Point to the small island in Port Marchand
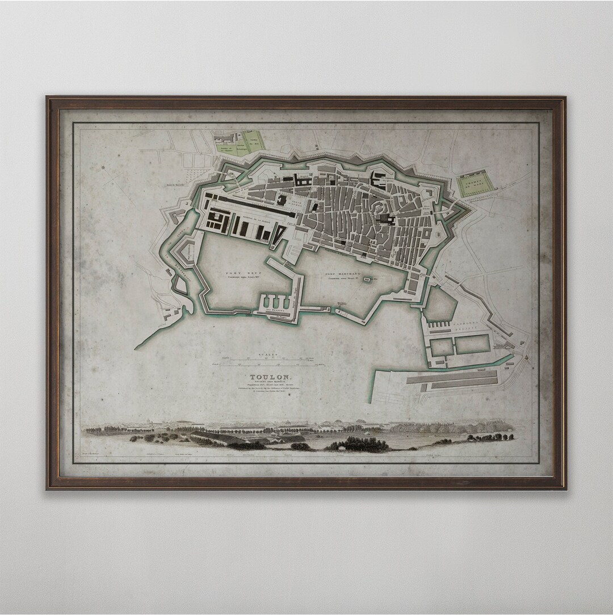(367, 279)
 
